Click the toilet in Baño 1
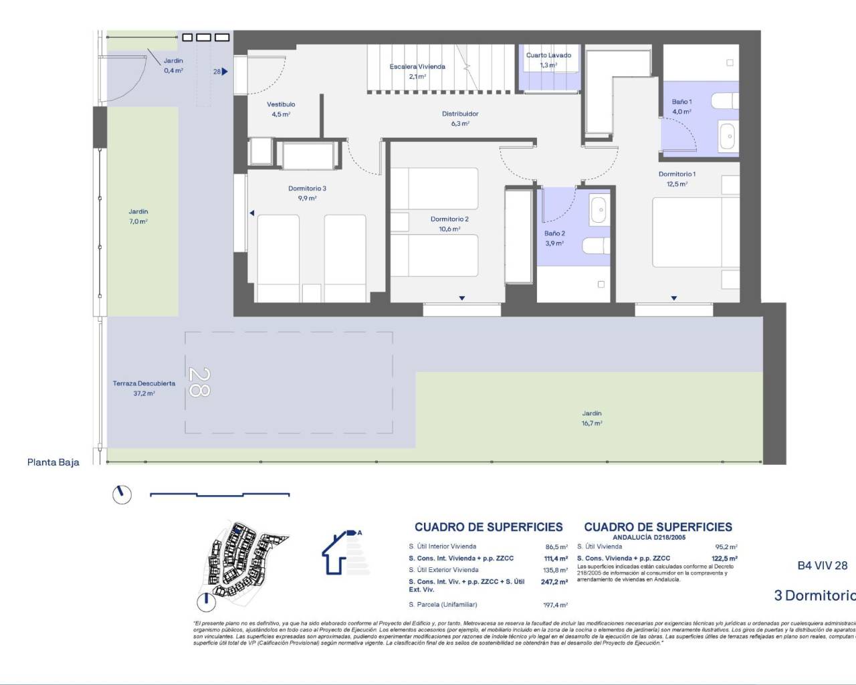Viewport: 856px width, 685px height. [725, 101]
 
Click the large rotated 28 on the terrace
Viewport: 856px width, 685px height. [199, 381]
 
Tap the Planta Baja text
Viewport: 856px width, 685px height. [53, 462]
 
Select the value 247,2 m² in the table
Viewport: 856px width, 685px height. [554, 582]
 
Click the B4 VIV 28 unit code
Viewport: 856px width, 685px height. [822, 565]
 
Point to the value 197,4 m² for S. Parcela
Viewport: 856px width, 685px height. [555, 605]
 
